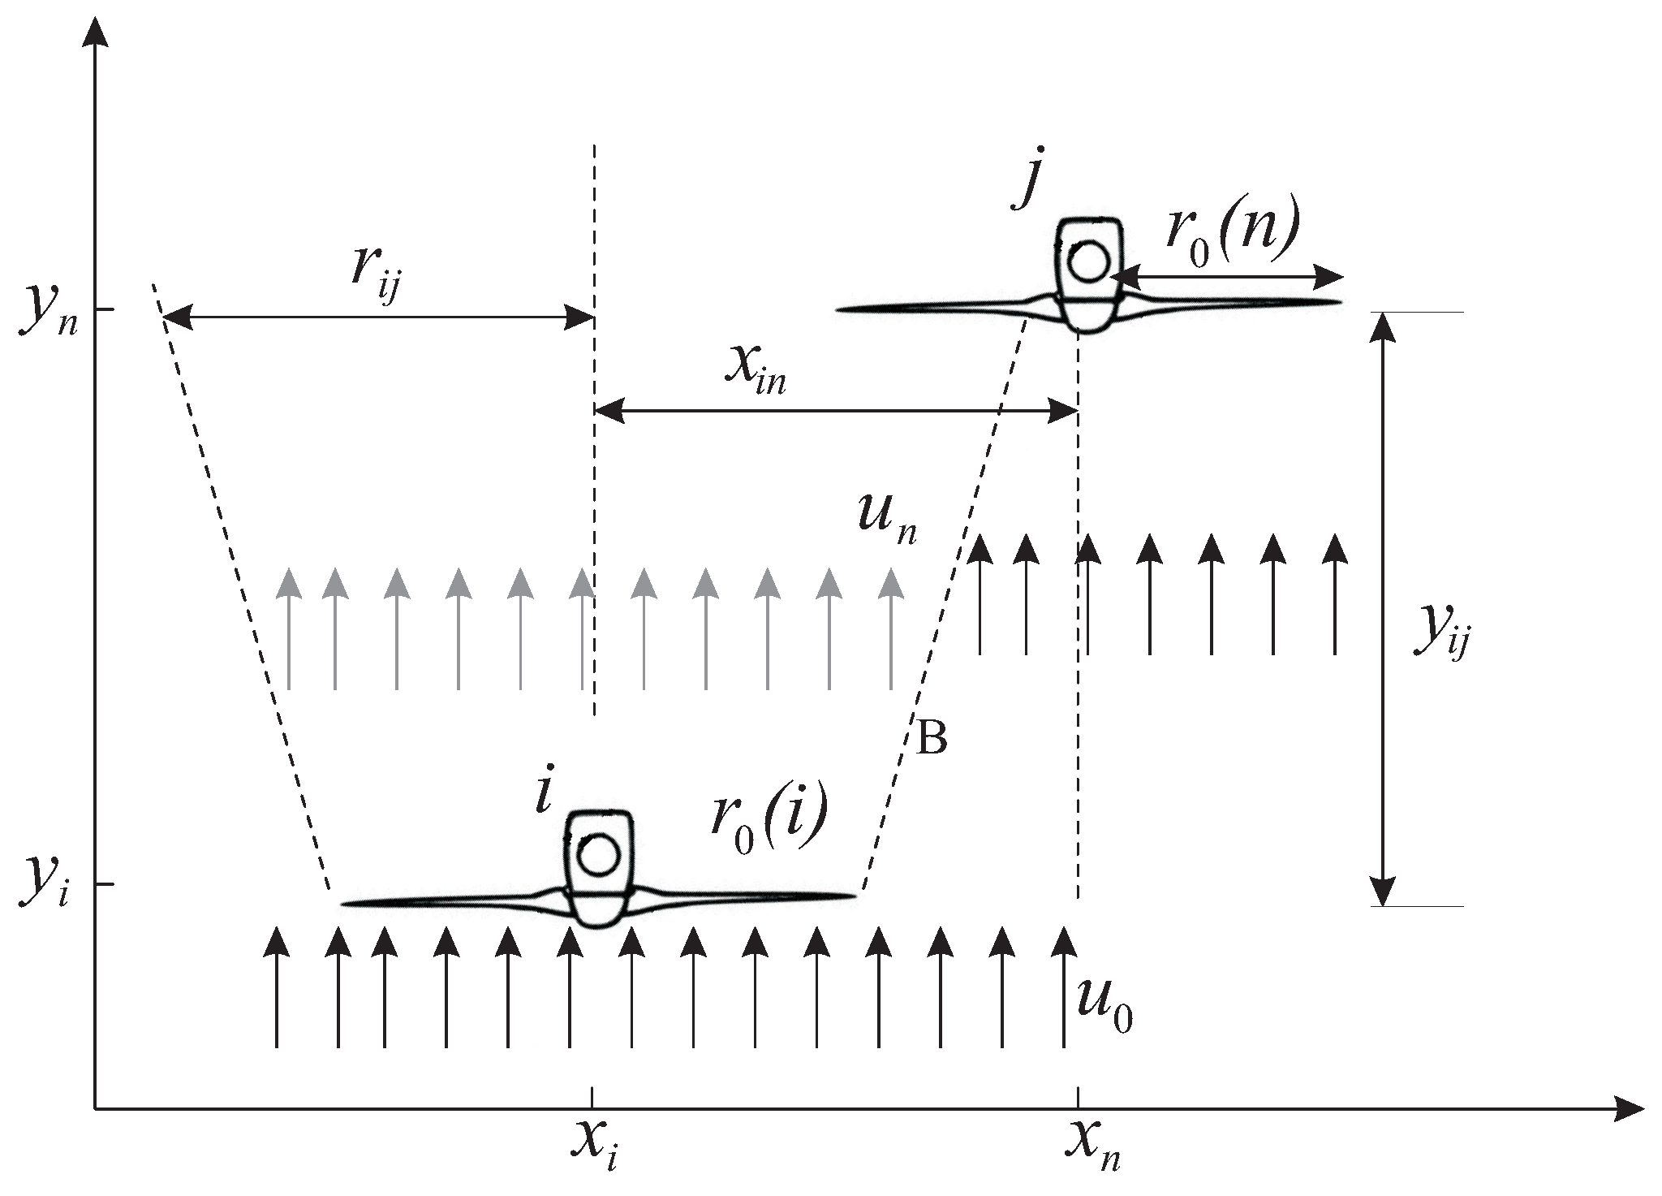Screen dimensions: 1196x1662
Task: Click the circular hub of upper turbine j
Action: point(1088,261)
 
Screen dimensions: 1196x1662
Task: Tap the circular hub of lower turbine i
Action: point(599,856)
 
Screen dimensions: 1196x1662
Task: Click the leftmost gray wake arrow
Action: point(288,629)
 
